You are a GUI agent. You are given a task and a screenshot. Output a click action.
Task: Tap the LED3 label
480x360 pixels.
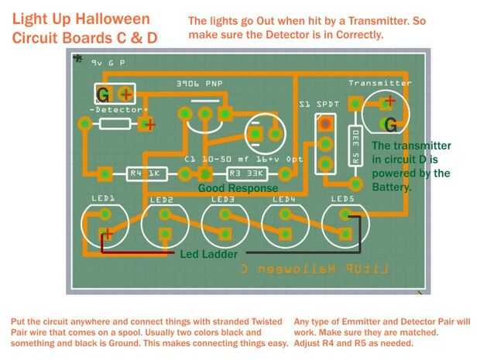[223, 199]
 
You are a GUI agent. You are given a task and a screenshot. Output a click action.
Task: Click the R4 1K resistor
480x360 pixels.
[144, 174]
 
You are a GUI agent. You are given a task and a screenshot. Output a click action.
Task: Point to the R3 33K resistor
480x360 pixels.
[246, 174]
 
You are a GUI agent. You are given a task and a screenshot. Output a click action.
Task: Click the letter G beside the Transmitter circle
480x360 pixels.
[392, 124]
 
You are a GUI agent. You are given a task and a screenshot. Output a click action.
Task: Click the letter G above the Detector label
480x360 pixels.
[102, 95]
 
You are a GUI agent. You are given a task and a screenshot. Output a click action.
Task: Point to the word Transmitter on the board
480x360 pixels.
[380, 83]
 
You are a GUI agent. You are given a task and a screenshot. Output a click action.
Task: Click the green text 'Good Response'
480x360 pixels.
[237, 187]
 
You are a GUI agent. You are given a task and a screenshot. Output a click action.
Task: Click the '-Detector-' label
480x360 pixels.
[119, 110]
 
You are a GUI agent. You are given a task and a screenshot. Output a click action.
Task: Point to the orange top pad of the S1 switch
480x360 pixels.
[326, 122]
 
